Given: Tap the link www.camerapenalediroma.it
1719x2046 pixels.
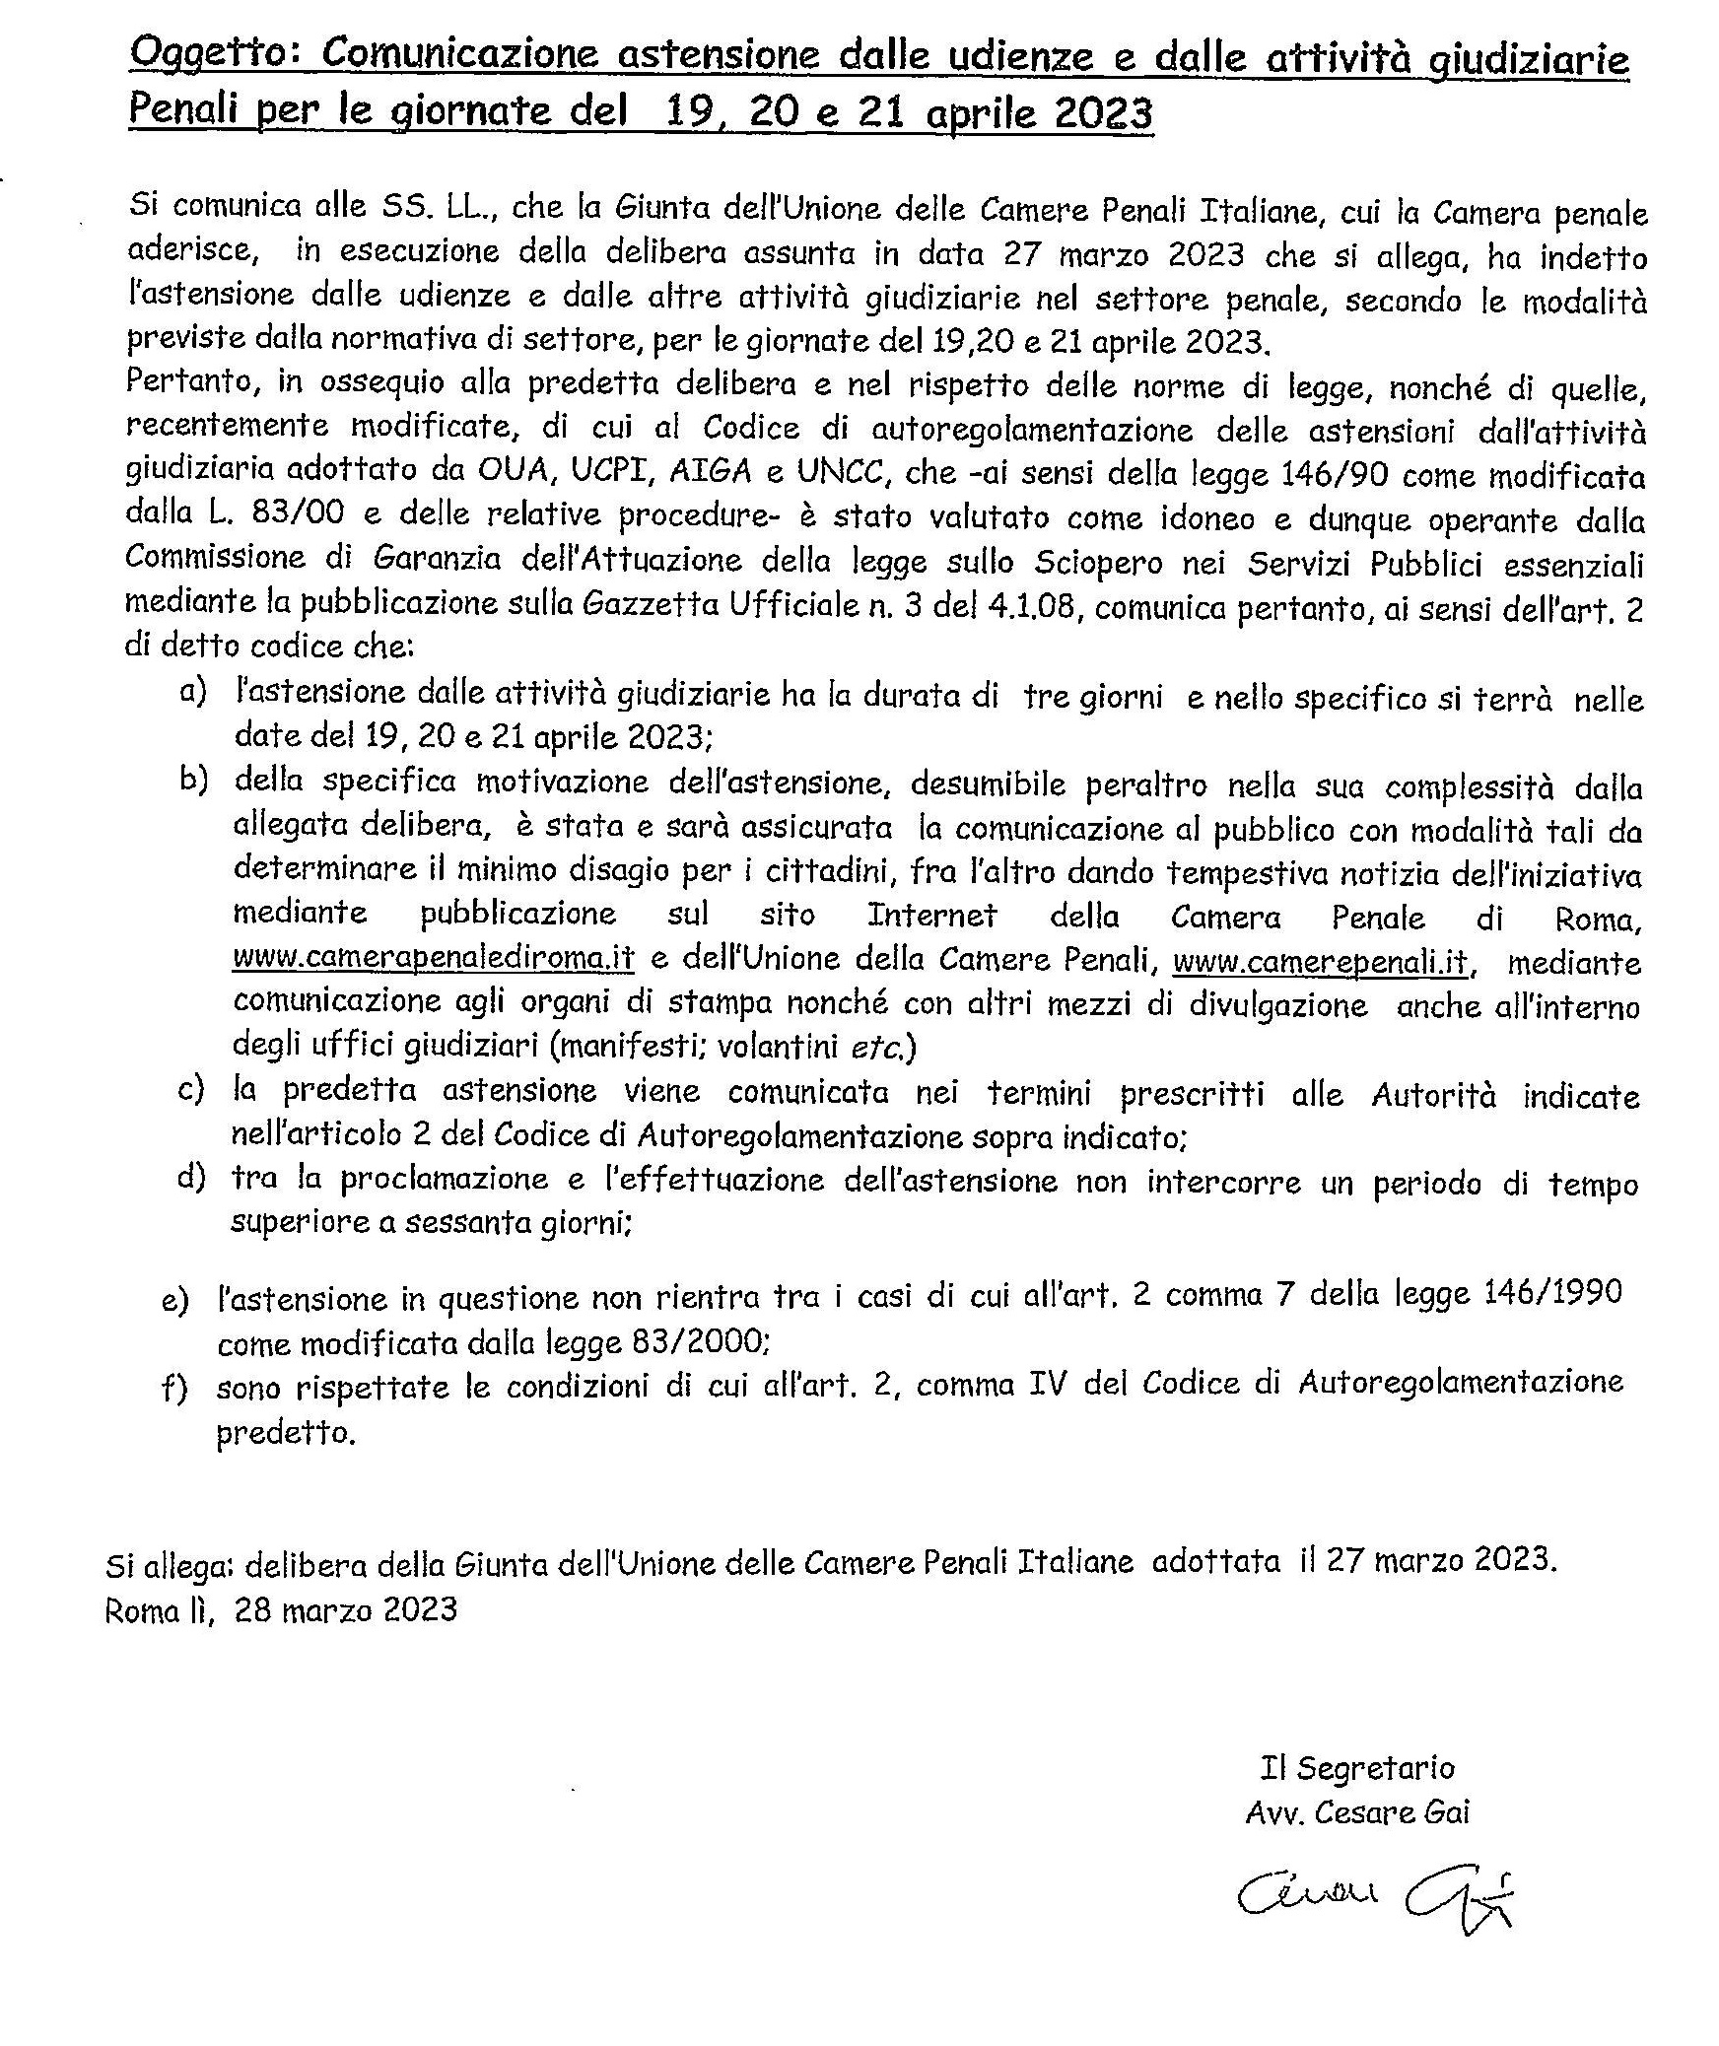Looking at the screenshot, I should pyautogui.click(x=434, y=959).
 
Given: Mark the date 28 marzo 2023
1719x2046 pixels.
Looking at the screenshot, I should pyautogui.click(x=346, y=1609).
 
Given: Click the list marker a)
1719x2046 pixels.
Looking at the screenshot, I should pyautogui.click(x=193, y=692).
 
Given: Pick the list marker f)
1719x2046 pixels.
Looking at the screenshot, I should pyautogui.click(x=174, y=1388).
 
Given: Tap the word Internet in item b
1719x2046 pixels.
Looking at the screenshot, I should pyautogui.click(x=931, y=916).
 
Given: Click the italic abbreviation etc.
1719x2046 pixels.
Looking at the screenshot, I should pyautogui.click(x=876, y=1046).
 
